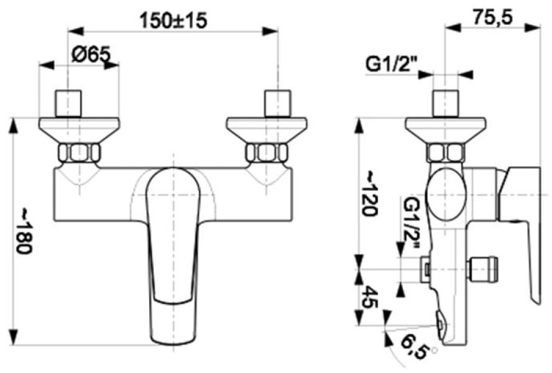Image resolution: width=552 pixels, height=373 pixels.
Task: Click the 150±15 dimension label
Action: click(173, 21)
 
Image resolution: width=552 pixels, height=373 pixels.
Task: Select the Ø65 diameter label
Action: click(91, 54)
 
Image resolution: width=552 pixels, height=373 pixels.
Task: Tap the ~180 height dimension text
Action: click(25, 231)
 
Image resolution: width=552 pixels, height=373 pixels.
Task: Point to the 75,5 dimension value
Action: click(492, 17)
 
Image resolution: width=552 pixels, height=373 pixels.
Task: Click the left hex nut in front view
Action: click(79, 153)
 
